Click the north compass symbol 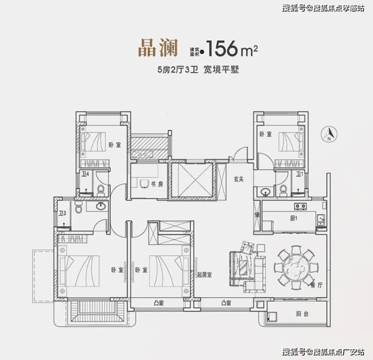[x=329, y=134]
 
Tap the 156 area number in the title [x=222, y=48]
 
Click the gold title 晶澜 [x=158, y=47]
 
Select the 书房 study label [x=157, y=184]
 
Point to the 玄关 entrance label [x=238, y=179]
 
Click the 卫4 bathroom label [x=85, y=174]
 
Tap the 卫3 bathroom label [x=63, y=213]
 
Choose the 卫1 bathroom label [x=299, y=174]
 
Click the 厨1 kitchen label [x=294, y=218]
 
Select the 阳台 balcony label [x=302, y=314]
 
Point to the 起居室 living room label [x=204, y=275]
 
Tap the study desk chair [x=144, y=184]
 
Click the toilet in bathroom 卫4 [x=101, y=190]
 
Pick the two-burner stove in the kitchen [x=300, y=206]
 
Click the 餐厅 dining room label [x=317, y=285]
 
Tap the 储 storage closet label [x=257, y=215]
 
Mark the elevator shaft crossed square [x=191, y=179]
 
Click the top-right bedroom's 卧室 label [x=266, y=134]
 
